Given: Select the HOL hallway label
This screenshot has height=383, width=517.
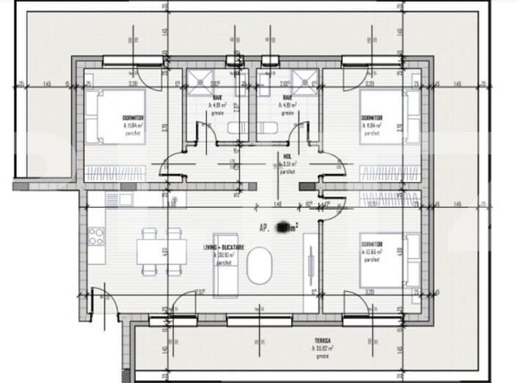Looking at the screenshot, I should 288,154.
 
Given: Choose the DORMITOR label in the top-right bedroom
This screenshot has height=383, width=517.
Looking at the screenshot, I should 371,117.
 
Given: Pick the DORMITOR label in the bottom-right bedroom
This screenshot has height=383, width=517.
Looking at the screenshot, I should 372,244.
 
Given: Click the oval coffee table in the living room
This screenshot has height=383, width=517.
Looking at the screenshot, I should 260,265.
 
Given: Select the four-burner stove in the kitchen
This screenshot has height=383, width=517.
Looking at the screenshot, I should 96,237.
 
